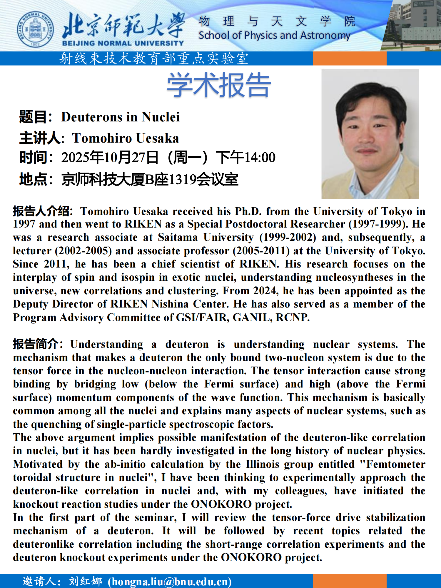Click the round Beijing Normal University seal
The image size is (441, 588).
(x=35, y=29)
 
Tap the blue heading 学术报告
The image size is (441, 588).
(x=219, y=85)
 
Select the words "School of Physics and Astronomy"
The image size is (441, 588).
(x=274, y=36)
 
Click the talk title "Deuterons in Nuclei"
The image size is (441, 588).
(x=120, y=117)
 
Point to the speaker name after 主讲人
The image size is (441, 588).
(x=126, y=138)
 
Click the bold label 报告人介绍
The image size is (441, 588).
(x=41, y=211)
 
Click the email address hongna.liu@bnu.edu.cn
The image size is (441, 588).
(x=170, y=582)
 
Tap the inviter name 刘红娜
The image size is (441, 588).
(x=85, y=581)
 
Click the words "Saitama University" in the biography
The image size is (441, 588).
(x=206, y=237)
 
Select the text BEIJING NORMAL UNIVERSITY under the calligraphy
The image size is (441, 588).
(x=123, y=44)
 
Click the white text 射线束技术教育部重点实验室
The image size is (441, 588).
(x=154, y=59)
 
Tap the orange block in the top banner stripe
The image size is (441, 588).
(x=350, y=59)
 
